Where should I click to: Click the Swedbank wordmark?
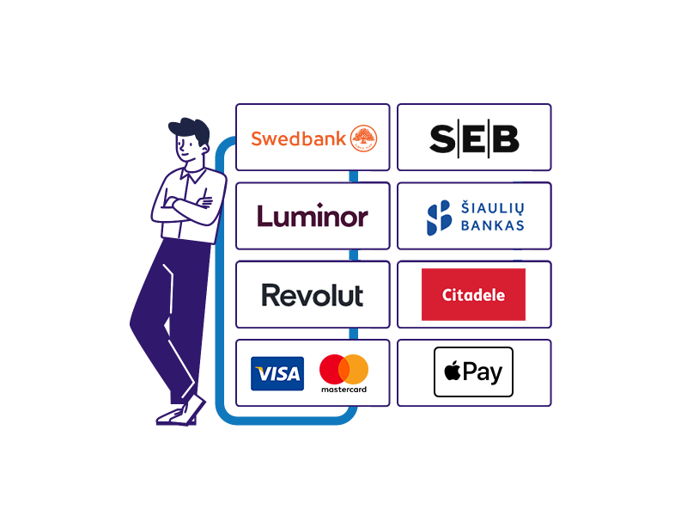[x=298, y=138]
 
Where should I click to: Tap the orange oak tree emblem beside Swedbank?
[x=363, y=138]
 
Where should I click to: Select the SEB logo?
[x=475, y=138]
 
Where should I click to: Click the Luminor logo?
[x=313, y=216]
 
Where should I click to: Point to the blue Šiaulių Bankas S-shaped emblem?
[x=439, y=218]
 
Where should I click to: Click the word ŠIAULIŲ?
[x=492, y=208]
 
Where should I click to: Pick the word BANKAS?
[x=492, y=225]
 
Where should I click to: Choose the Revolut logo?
[x=313, y=295]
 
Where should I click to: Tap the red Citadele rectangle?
[x=473, y=294]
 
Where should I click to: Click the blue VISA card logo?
[x=277, y=373]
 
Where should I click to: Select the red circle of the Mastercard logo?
[x=334, y=369]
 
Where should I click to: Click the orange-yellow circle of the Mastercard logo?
[x=354, y=369]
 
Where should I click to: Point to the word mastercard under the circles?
[x=344, y=390]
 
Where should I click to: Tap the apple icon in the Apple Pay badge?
[x=453, y=372]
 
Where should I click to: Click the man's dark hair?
[x=190, y=130]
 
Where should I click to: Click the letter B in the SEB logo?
[x=505, y=138]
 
